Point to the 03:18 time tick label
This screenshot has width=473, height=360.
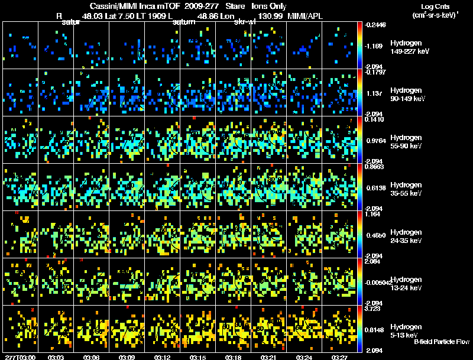pyautogui.click(x=233, y=357)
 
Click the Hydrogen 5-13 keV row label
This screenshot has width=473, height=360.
pyautogui.click(x=406, y=330)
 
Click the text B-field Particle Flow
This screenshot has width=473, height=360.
pyautogui.click(x=441, y=342)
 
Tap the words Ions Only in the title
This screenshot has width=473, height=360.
pyautogui.click(x=269, y=6)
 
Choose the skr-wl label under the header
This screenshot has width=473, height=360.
pyautogui.click(x=244, y=22)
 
